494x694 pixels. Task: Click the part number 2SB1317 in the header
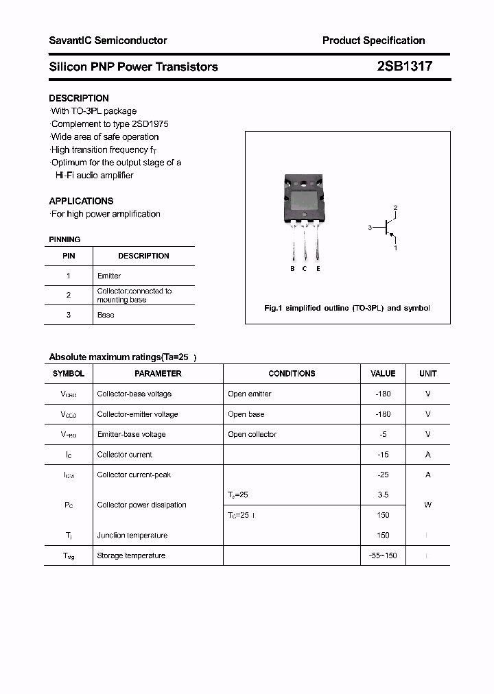[x=404, y=67]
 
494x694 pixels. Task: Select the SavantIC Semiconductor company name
[x=108, y=40]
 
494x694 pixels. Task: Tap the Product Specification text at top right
[x=373, y=40]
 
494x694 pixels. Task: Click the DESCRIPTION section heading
[x=79, y=98]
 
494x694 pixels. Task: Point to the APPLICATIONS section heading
[x=81, y=201]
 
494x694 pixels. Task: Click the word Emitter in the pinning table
[x=109, y=276]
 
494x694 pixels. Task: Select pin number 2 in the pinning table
[x=69, y=295]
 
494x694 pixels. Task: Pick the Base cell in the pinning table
[x=106, y=315]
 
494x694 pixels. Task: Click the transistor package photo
[x=303, y=199]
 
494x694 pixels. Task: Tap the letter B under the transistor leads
[x=292, y=269]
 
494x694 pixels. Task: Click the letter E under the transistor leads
[x=318, y=269]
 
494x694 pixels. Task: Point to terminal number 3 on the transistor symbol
[x=369, y=228]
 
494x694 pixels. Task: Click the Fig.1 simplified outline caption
[x=347, y=308]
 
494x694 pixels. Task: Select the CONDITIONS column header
[x=292, y=374]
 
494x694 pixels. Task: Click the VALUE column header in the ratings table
[x=383, y=374]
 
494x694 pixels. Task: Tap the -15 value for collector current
[x=383, y=455]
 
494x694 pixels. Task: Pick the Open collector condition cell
[x=252, y=434]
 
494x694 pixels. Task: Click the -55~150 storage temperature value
[x=383, y=555]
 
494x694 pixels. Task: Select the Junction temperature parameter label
[x=132, y=536]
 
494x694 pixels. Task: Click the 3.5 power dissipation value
[x=383, y=494]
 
